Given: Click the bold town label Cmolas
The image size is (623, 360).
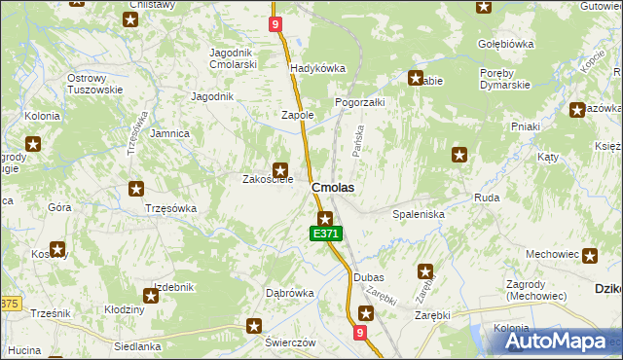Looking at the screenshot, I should (332, 187).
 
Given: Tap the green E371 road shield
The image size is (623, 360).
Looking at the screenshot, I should (326, 234).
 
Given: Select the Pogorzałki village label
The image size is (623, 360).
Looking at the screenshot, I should (360, 101).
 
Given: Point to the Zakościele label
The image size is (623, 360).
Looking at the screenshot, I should (268, 179).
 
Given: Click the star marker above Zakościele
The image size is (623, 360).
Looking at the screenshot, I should (280, 168).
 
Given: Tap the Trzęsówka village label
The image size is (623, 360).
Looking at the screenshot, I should (170, 208).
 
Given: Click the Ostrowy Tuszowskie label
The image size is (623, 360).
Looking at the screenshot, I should (95, 84).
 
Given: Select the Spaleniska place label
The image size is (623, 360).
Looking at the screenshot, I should (419, 213).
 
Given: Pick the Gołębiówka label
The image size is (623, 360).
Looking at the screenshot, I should (507, 44).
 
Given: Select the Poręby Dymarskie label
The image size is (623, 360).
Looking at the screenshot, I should (504, 79).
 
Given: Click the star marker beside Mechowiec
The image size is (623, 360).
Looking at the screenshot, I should (591, 255).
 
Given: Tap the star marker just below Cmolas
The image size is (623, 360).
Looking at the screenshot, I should (326, 218).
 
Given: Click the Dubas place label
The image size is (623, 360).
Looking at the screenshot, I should (368, 277).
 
